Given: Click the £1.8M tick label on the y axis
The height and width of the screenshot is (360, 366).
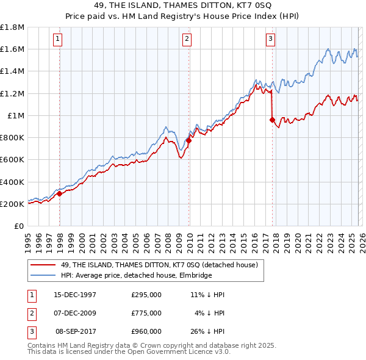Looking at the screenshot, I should [12, 27].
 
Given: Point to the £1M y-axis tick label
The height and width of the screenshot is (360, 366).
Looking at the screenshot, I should [16, 116].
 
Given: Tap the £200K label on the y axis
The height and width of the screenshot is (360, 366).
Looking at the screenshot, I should [12, 204].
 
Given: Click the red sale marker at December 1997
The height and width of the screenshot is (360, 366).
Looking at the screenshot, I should [60, 194].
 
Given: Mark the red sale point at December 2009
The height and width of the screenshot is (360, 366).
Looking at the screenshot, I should [189, 140].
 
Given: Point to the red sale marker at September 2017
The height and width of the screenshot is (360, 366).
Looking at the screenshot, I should [272, 120].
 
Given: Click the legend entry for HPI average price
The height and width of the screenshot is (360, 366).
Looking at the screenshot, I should [135, 275].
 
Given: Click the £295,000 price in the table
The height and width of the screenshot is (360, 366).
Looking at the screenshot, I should [146, 294].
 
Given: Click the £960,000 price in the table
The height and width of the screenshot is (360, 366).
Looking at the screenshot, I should [146, 332].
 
